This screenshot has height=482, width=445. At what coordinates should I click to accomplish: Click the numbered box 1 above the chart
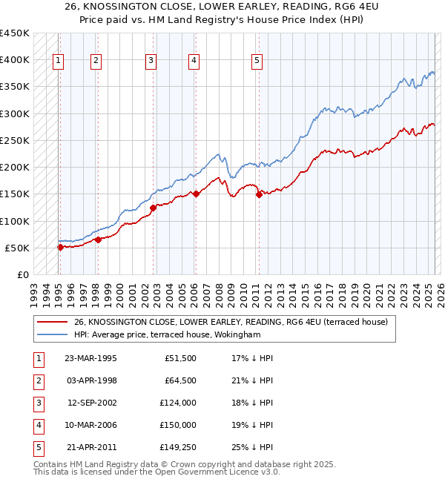coord(59,62)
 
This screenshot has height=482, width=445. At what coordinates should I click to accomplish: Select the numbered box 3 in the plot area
coord(151,62)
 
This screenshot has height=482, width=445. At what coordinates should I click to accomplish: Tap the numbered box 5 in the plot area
coord(257,62)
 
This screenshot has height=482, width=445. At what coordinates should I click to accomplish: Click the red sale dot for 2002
coord(154,208)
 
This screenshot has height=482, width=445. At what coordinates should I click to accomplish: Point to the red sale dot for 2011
coord(259,194)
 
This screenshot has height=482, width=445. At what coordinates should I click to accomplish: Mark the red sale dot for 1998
coord(98,240)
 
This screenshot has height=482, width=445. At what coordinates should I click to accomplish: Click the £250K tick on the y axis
coord(14,140)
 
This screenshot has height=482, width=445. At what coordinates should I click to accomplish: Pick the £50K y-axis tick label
coord(17,248)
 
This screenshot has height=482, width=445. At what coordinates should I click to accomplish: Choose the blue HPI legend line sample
coord(52,334)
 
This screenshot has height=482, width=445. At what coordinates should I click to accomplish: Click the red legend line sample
coord(52,322)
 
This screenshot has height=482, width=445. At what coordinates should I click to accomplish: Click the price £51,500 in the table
coord(179,358)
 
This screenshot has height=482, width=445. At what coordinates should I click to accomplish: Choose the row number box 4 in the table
coord(37,425)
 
